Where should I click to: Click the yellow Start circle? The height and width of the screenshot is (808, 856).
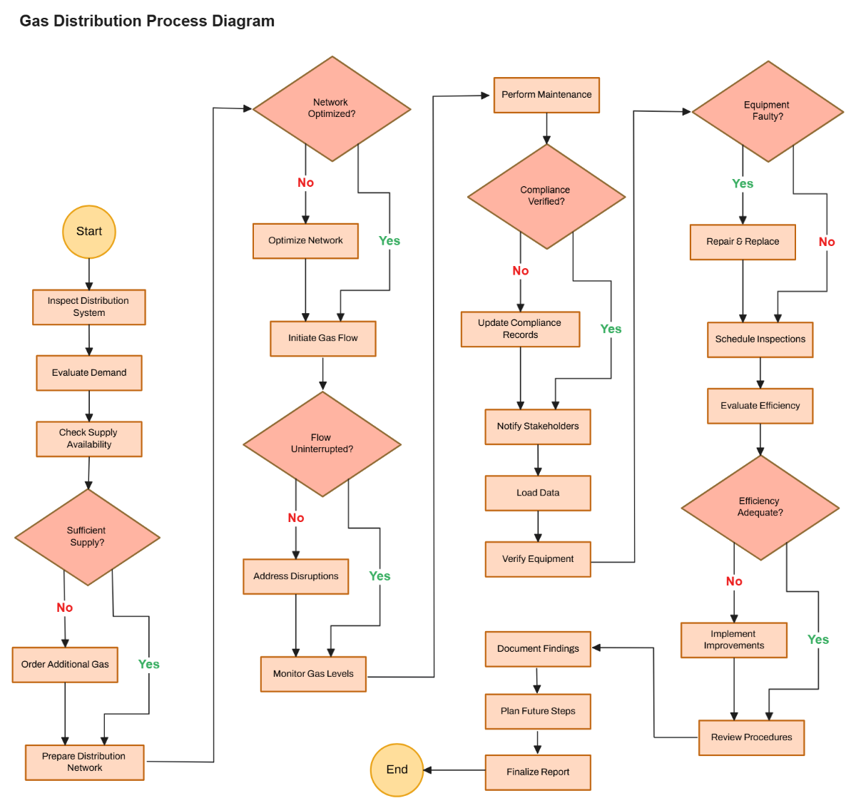89,232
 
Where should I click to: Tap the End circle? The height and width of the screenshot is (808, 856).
397,769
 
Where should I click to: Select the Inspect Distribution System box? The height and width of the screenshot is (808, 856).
89,307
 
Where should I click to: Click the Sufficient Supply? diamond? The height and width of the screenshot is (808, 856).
87,537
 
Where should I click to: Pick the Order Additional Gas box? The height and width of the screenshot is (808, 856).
65,665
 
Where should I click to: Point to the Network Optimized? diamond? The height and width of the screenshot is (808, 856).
332,109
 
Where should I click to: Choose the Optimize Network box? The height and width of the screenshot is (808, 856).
305,241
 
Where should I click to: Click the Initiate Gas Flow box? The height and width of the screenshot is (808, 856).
322,339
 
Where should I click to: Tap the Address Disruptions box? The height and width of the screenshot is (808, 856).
296,576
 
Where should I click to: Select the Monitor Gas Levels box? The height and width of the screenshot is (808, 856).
313,674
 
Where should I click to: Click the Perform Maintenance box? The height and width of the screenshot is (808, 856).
546,95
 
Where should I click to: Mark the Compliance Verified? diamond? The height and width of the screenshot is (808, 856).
546,196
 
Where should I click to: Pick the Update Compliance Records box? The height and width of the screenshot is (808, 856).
520,329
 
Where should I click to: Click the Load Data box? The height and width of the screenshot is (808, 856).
538,493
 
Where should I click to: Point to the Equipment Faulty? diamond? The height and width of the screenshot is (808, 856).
768,111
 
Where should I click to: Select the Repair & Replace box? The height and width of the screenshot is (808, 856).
743,242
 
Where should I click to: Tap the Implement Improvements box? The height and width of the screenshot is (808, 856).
734,640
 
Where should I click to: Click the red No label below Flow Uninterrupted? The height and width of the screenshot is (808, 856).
296,518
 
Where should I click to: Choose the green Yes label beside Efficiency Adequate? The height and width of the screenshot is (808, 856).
818,640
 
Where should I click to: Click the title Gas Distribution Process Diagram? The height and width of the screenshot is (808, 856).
147,21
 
